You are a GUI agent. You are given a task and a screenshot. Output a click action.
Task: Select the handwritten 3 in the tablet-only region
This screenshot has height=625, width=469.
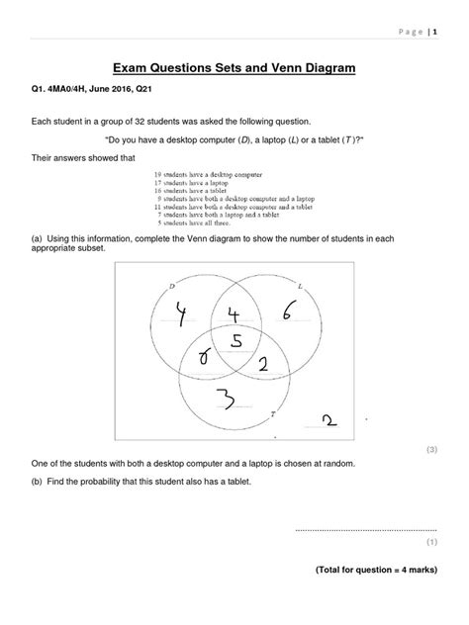[226, 401]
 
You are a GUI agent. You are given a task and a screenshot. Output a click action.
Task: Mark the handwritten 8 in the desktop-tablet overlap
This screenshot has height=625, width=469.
[206, 358]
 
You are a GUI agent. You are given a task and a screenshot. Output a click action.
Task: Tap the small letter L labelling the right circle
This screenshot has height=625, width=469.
[326, 287]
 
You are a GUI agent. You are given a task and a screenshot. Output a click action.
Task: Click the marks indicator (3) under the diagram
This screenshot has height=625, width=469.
[431, 449]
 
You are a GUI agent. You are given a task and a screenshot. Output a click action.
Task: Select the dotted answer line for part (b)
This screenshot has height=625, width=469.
[366, 530]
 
